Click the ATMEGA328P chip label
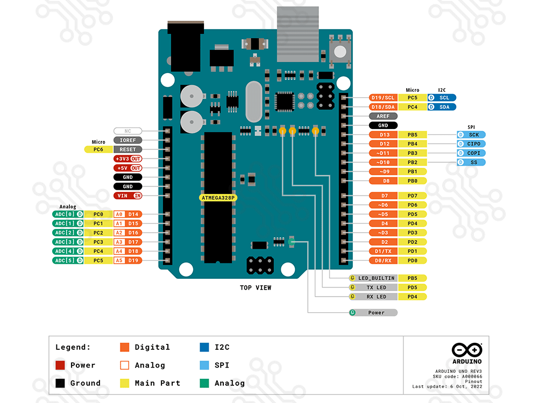[x=218, y=198]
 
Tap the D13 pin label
[x=384, y=135]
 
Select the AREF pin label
[x=384, y=116]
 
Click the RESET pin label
[x=128, y=149]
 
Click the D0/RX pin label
[x=384, y=261]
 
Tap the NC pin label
[x=128, y=131]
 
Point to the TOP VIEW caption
[x=256, y=288]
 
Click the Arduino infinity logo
[x=466, y=350]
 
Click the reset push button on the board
[x=340, y=51]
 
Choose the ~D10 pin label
[x=384, y=162]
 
